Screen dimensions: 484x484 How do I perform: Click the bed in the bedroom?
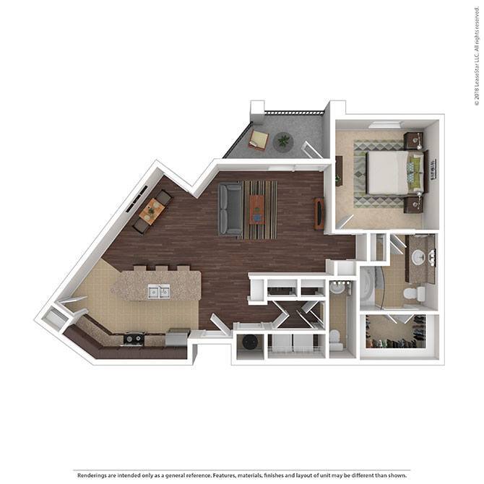pyautogui.click(x=390, y=172)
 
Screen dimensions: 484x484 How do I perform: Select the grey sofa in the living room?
pyautogui.click(x=230, y=208)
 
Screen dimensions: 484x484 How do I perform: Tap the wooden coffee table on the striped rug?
pyautogui.click(x=256, y=209)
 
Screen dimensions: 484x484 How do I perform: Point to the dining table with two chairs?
pyautogui.click(x=152, y=210)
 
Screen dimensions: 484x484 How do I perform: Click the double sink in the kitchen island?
pyautogui.click(x=159, y=291)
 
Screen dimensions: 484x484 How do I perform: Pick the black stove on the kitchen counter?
pyautogui.click(x=134, y=337)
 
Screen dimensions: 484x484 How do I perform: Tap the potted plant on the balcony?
pyautogui.click(x=282, y=140)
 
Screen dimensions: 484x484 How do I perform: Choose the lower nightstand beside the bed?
pyautogui.click(x=413, y=204)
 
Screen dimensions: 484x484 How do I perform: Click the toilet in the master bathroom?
pyautogui.click(x=411, y=295)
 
